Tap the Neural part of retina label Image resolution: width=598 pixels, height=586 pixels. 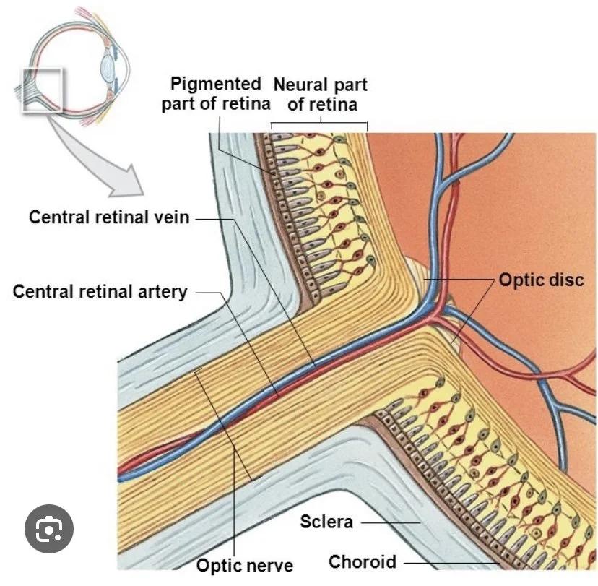coord(321,94)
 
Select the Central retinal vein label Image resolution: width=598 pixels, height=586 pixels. coord(109,217)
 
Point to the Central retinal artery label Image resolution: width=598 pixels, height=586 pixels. coord(100,292)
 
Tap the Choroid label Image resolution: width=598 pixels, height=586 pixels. coord(363,561)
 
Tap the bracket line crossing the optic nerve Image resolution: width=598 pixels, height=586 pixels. coord(223,426)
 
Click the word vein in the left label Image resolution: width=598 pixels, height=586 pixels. coord(173,217)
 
